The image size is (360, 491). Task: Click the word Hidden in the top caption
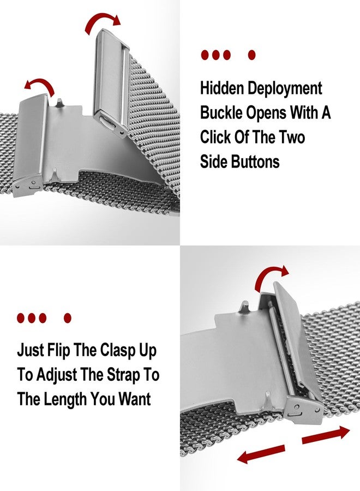[x=222, y=88]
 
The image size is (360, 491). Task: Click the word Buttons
[x=255, y=161]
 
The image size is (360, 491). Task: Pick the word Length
[x=65, y=399]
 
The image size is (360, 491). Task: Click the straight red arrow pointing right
[x=326, y=435]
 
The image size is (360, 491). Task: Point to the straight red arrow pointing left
[x=261, y=454]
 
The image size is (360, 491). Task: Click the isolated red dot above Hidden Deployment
[x=251, y=55]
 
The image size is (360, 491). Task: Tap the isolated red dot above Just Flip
[x=68, y=318]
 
